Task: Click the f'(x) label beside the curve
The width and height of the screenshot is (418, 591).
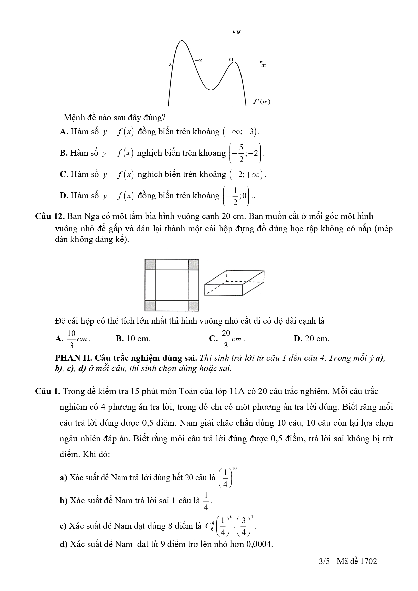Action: (262, 102)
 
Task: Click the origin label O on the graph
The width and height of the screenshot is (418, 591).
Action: (231, 59)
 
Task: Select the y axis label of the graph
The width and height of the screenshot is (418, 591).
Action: (238, 32)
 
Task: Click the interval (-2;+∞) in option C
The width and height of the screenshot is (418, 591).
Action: (248, 174)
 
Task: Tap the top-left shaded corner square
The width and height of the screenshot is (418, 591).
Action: (150, 264)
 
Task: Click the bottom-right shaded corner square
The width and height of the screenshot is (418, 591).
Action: (193, 306)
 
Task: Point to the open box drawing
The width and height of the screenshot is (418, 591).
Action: (234, 283)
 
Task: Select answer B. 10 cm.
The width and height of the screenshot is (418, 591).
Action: (133, 339)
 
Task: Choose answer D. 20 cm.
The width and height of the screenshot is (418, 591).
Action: (311, 339)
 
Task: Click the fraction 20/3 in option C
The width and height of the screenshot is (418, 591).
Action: (226, 339)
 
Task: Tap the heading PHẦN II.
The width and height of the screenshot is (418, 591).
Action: (71, 358)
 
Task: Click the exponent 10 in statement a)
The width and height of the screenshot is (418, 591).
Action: (234, 468)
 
